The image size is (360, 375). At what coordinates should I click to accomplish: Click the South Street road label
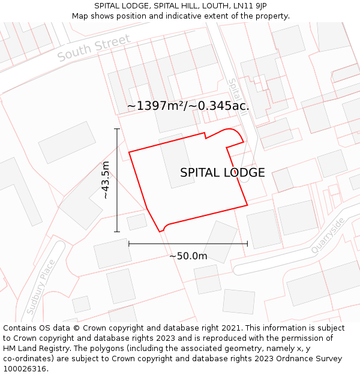coord(94,48)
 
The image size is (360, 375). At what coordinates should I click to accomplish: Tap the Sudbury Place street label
coord(41,287)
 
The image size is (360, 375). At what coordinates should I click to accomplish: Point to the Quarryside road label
coord(328,235)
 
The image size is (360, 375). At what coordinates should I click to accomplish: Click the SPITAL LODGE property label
coord(222,173)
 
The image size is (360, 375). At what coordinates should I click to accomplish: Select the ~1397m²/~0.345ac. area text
coord(188,106)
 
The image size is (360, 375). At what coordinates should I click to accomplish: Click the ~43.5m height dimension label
coord(106,180)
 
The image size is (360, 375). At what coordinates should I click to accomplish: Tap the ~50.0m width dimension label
coord(188,256)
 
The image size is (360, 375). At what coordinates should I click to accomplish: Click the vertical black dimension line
coord(117,180)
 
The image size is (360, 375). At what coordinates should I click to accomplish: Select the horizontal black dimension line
coord(188,244)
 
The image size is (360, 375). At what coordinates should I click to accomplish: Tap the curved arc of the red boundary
coord(230,130)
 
